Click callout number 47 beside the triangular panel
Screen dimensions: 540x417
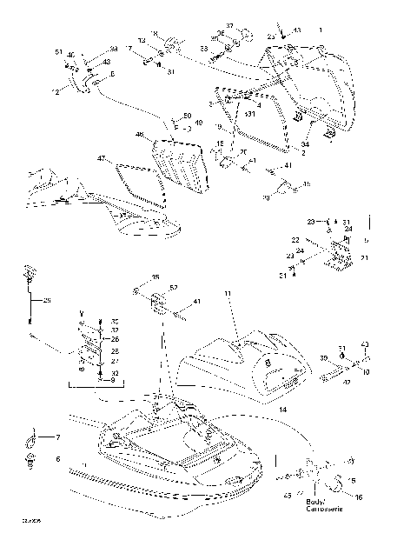pos(101,158)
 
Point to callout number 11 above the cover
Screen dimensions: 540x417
pos(228,295)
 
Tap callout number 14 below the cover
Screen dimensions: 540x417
pos(282,408)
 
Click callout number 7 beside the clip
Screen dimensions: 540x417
pos(58,437)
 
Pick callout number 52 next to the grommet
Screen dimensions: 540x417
pos(174,287)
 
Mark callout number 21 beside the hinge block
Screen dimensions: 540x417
pos(364,257)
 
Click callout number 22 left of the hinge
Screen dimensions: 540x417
pos(295,239)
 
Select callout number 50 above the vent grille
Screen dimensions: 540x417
pos(187,116)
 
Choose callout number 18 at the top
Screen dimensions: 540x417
pos(155,33)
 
